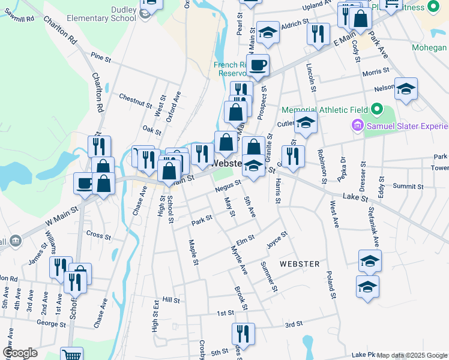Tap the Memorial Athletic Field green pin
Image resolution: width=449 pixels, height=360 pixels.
click(376, 110)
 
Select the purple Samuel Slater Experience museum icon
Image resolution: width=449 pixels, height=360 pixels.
click(357, 126)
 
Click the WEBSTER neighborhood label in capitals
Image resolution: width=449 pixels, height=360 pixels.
click(299, 264)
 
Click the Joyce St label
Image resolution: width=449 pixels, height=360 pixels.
click(274, 241)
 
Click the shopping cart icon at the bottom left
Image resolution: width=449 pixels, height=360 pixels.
click(71, 355)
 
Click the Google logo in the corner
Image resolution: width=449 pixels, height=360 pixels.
click(20, 353)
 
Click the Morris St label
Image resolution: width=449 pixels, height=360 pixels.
click(376, 73)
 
